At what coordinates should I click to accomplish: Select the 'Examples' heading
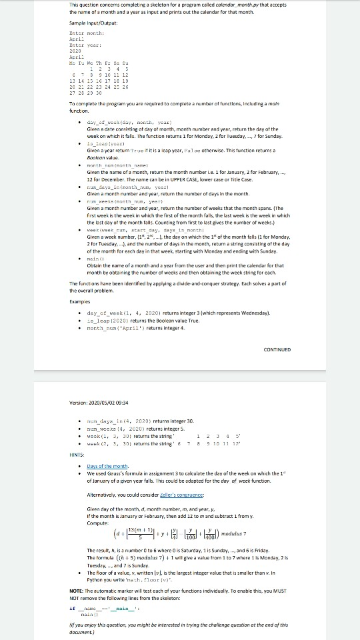coord(80,301)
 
